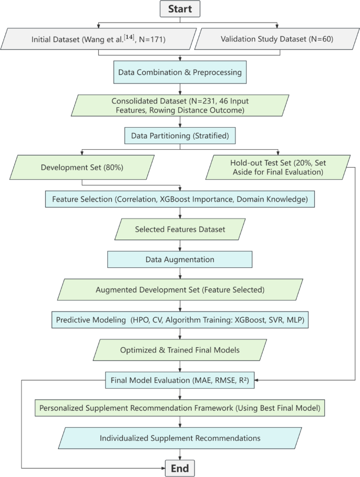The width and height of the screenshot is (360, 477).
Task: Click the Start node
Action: point(180,9)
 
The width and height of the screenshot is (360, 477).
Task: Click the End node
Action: point(180,467)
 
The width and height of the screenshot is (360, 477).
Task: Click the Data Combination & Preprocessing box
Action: point(180,72)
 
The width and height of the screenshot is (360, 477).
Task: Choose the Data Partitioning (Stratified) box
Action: point(180,137)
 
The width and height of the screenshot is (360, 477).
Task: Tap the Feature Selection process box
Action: point(180,200)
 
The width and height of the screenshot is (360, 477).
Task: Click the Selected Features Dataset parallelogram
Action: point(180,229)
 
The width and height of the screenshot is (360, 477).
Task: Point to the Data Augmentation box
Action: point(180,260)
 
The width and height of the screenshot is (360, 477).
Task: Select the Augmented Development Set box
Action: point(180,289)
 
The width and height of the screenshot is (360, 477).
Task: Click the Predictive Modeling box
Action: point(180,320)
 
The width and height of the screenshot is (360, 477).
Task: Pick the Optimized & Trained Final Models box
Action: point(180,350)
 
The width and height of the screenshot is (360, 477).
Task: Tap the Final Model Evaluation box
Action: point(180,379)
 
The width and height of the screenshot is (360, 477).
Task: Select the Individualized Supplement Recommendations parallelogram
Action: point(180,438)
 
